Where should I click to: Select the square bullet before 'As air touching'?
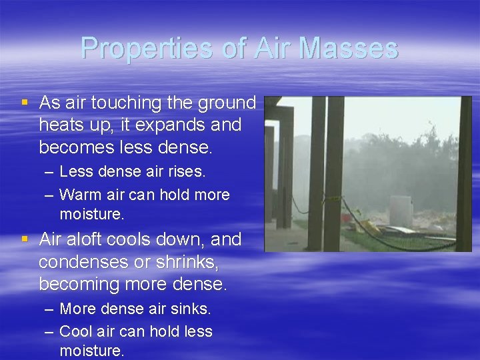[25, 103]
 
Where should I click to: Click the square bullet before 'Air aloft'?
[25, 239]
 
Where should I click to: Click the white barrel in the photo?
[400, 211]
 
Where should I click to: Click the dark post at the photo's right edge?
[464, 173]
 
